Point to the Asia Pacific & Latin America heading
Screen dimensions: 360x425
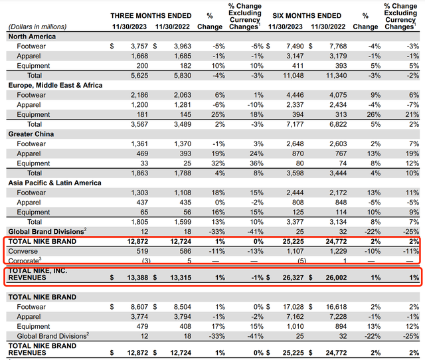[50, 183]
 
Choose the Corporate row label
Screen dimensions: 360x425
[23, 261]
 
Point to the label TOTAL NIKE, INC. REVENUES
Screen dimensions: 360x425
[39, 276]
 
